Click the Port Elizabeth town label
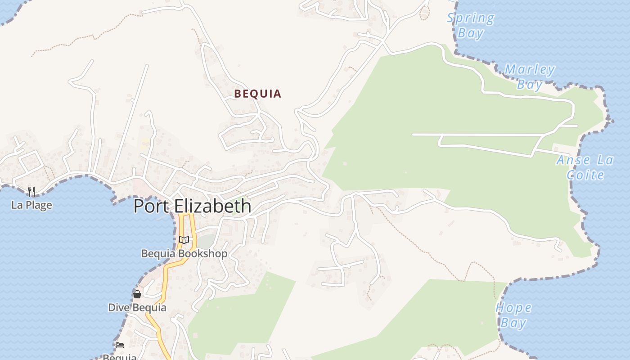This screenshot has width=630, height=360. coord(192,206)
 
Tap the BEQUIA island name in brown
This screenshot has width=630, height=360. coord(258,94)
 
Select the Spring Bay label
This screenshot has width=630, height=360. coord(471,25)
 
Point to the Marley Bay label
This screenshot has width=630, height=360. coord(530,77)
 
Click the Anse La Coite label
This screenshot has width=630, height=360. coord(585,167)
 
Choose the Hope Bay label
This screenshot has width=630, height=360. coord(513,315)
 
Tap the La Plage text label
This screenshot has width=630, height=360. coord(31,205)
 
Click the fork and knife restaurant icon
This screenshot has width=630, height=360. coord(31,192)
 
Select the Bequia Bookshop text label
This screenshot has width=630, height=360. coord(184,253)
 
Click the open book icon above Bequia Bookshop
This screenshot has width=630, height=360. coord(184,240)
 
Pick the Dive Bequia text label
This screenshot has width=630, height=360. coord(137,308)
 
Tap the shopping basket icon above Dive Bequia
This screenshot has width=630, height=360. coord(137,294)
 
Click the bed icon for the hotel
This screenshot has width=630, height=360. coord(120,345)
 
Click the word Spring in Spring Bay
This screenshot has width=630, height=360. coord(471,18)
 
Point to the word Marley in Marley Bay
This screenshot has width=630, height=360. coord(530,70)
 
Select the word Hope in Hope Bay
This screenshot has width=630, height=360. coord(513,308)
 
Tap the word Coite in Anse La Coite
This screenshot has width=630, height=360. coord(585,175)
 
